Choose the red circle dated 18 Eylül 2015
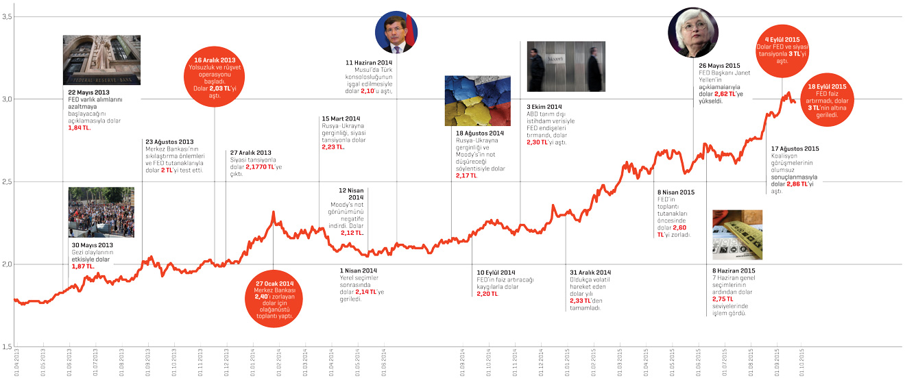pyautogui.click(x=825, y=101)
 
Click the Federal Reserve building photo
pyautogui.click(x=101, y=60)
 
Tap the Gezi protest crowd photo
pyautogui.click(x=101, y=212)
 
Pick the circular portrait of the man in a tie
pyautogui.click(x=396, y=32)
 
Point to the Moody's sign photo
pyautogui.click(x=566, y=66)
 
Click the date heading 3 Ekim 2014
pyautogui.click(x=544, y=107)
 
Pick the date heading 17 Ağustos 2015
pyautogui.click(x=795, y=148)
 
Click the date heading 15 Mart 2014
pyautogui.click(x=341, y=118)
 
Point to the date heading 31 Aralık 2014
pyautogui.click(x=590, y=271)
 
